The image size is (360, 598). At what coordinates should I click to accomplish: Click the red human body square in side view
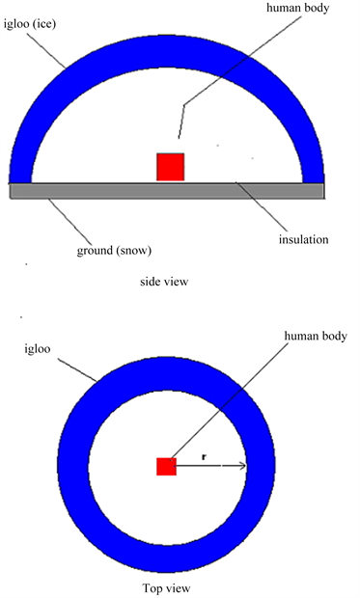[x=170, y=167]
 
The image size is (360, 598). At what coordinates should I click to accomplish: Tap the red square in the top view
[x=166, y=467]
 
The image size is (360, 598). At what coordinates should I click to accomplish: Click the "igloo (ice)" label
[x=30, y=25]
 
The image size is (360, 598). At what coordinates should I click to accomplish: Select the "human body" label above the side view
[x=298, y=9]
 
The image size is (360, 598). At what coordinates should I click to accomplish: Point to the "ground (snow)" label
[x=114, y=251]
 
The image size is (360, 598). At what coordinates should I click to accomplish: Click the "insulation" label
[x=303, y=239]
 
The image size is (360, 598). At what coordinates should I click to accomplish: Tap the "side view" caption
[x=164, y=282]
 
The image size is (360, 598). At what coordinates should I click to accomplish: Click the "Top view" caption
[x=166, y=588]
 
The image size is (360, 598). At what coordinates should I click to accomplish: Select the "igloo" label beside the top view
[x=38, y=349]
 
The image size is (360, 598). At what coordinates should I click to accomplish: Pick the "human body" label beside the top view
[x=316, y=337]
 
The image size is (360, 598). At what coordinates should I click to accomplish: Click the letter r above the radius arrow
[x=204, y=457]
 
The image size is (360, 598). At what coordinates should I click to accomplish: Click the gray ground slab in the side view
[x=167, y=191]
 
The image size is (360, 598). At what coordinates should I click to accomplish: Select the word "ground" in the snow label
[x=96, y=252]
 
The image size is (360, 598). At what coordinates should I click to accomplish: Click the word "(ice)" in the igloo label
[x=45, y=25]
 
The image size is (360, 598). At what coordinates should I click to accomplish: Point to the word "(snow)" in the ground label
[x=135, y=251]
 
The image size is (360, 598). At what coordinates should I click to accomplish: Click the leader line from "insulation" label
[x=261, y=207]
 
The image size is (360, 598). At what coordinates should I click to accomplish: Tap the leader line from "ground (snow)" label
[x=69, y=222]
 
